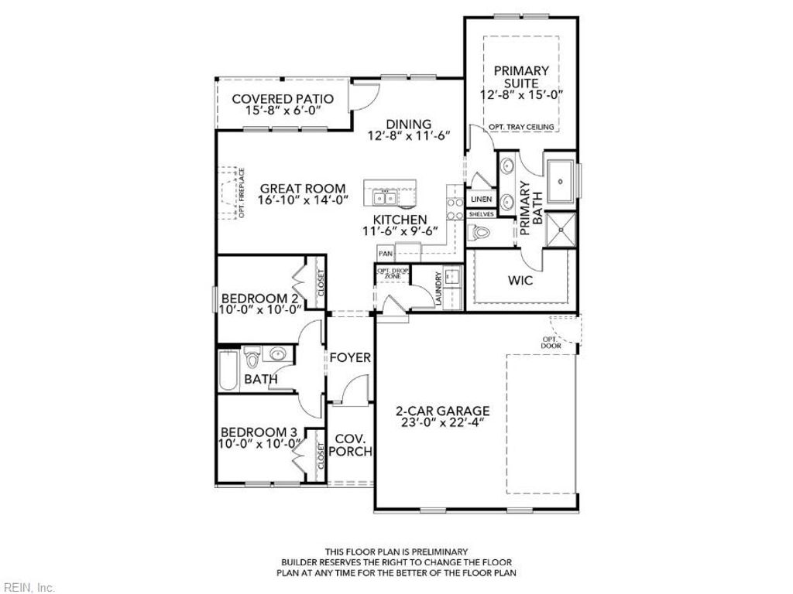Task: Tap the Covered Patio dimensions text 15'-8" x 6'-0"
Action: [283, 111]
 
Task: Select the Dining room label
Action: [408, 124]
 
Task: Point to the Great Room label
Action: [293, 187]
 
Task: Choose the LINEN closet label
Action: [481, 199]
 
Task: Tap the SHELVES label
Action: [481, 213]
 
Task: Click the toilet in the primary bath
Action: [481, 231]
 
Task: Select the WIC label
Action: [520, 281]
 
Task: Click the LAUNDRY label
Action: [439, 289]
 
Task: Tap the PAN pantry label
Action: [385, 253]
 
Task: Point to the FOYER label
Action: [350, 358]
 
